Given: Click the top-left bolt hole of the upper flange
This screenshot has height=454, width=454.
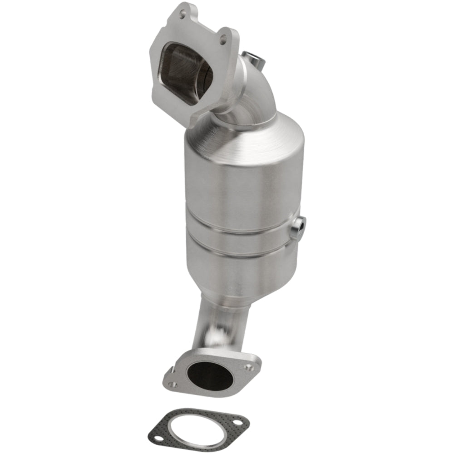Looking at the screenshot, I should point(183,15).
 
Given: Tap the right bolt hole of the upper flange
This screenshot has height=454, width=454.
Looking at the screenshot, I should point(222,40).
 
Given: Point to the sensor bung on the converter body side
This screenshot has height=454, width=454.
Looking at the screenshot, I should point(299,226).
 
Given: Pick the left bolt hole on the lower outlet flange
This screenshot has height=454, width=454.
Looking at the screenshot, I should point(172,384).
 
